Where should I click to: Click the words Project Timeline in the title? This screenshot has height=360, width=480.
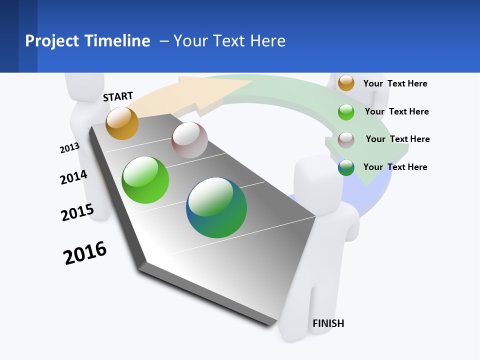tap(87, 41)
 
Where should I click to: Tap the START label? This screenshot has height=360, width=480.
tap(118, 96)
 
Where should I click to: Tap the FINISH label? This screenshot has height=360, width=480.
tap(328, 323)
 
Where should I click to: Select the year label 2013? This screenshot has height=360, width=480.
tap(69, 148)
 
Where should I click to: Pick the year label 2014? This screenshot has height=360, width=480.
tap(73, 177)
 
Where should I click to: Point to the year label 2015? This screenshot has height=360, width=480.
tap(77, 212)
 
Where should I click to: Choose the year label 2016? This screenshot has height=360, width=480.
tap(85, 253)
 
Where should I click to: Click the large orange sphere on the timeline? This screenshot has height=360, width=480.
tap(122, 123)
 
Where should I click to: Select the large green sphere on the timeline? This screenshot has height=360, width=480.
tap(145, 180)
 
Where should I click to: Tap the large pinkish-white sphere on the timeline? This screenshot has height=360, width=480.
tap(189, 140)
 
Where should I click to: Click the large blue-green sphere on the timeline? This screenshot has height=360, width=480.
tap(216, 207)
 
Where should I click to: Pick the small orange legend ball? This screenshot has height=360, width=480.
tap(346, 83)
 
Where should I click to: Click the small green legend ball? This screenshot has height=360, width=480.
tap(346, 112)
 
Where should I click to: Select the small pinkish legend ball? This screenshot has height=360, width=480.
tap(346, 140)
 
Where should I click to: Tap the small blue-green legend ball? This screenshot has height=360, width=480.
tap(346, 168)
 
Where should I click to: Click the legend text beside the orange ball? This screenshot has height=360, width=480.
tap(395, 83)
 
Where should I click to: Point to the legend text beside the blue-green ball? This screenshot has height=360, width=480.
tap(395, 167)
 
